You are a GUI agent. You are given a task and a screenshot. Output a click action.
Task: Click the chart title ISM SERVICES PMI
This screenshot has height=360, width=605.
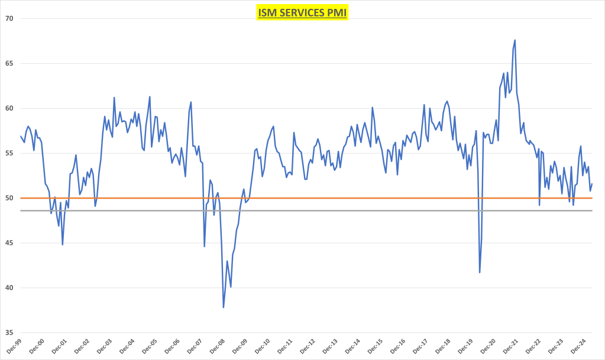coord(302,12)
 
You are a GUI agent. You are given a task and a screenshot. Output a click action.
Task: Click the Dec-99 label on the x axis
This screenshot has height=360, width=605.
coord(14,346)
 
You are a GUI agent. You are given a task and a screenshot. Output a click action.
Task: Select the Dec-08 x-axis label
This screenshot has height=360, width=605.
coord(218,346)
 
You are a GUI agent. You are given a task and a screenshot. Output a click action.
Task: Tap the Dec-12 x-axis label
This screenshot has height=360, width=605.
coord(308,346)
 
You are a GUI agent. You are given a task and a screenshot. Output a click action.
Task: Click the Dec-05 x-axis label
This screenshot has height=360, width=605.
coord(150,346)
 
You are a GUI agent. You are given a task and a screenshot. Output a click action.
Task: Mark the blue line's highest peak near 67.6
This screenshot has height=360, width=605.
coord(515,40)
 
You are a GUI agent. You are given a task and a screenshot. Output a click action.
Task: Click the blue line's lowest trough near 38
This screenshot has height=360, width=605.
coord(224,307)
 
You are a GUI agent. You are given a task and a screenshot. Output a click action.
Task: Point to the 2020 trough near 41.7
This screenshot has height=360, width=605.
coord(480,273)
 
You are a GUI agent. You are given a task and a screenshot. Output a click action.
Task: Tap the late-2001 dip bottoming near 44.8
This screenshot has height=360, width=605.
coord(63,245)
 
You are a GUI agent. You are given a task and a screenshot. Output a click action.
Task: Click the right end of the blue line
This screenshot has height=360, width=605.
coord(592,183)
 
